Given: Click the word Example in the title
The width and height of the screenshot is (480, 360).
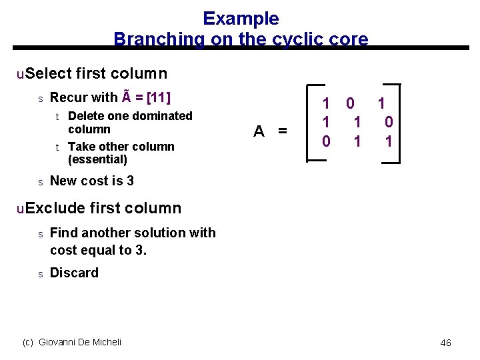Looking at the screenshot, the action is (x=241, y=19).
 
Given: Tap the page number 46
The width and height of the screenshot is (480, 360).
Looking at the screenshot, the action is (x=445, y=343).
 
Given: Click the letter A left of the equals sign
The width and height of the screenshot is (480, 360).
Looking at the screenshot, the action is (x=259, y=131).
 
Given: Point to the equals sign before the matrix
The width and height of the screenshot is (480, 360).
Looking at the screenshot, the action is (x=282, y=131).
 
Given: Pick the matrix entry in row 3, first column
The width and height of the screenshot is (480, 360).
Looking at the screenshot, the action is (x=326, y=141).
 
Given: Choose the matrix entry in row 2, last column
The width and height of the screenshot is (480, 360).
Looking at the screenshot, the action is (x=389, y=122).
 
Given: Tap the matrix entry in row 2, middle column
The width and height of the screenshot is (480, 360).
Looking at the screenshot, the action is (x=357, y=122).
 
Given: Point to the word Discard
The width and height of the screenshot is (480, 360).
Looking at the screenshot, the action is (x=74, y=273).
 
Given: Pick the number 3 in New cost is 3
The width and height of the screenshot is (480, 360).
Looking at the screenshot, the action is (x=130, y=181).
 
